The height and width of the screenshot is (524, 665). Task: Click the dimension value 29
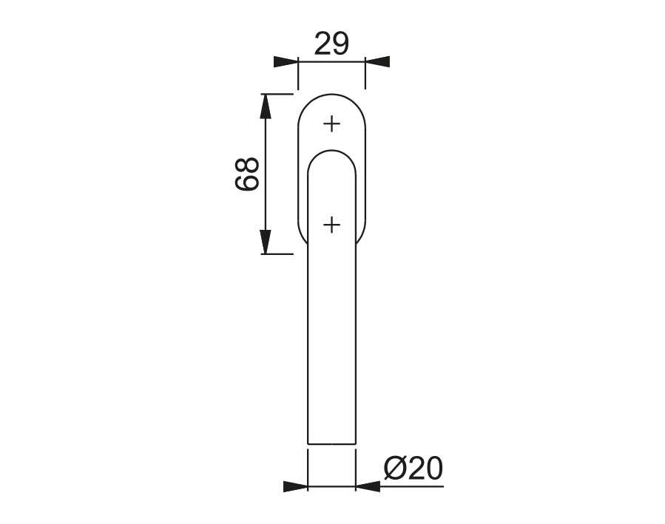pos(331,44)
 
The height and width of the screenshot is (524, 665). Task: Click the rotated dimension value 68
pos(248,174)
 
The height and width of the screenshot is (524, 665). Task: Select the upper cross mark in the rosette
pos(332,124)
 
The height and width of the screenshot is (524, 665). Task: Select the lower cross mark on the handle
pos(332,224)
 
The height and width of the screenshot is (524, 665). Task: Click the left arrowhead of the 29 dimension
pos(286,62)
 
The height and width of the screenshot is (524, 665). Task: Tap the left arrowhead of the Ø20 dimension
pos(296,486)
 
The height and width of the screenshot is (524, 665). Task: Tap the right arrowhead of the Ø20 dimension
pos(368,486)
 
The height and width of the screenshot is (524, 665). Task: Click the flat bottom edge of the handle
pos(331,445)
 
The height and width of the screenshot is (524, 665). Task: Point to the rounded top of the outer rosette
pos(331,94)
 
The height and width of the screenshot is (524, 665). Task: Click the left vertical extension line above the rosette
pos(298,78)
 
